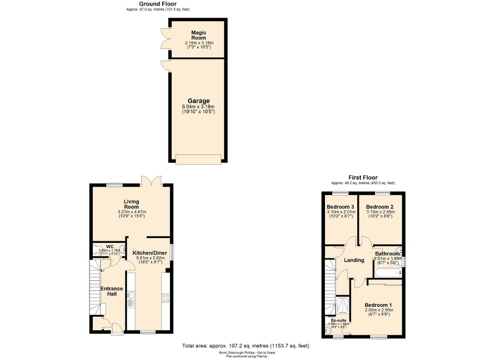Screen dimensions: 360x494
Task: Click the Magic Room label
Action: click(x=198, y=35)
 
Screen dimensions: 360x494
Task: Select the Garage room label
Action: click(x=198, y=101)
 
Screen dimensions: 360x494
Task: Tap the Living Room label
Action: click(x=131, y=205)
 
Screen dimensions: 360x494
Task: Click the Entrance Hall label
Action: click(x=112, y=291)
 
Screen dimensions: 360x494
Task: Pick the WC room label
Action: click(x=110, y=246)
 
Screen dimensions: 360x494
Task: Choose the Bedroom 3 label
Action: click(x=340, y=207)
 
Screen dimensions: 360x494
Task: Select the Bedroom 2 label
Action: click(x=380, y=207)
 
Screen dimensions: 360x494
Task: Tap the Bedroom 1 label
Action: click(x=380, y=305)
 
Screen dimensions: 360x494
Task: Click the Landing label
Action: click(x=354, y=260)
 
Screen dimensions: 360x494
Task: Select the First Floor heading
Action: click(x=363, y=178)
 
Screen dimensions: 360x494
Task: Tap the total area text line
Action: click(x=245, y=346)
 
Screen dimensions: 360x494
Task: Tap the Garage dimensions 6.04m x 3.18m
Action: click(x=198, y=106)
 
